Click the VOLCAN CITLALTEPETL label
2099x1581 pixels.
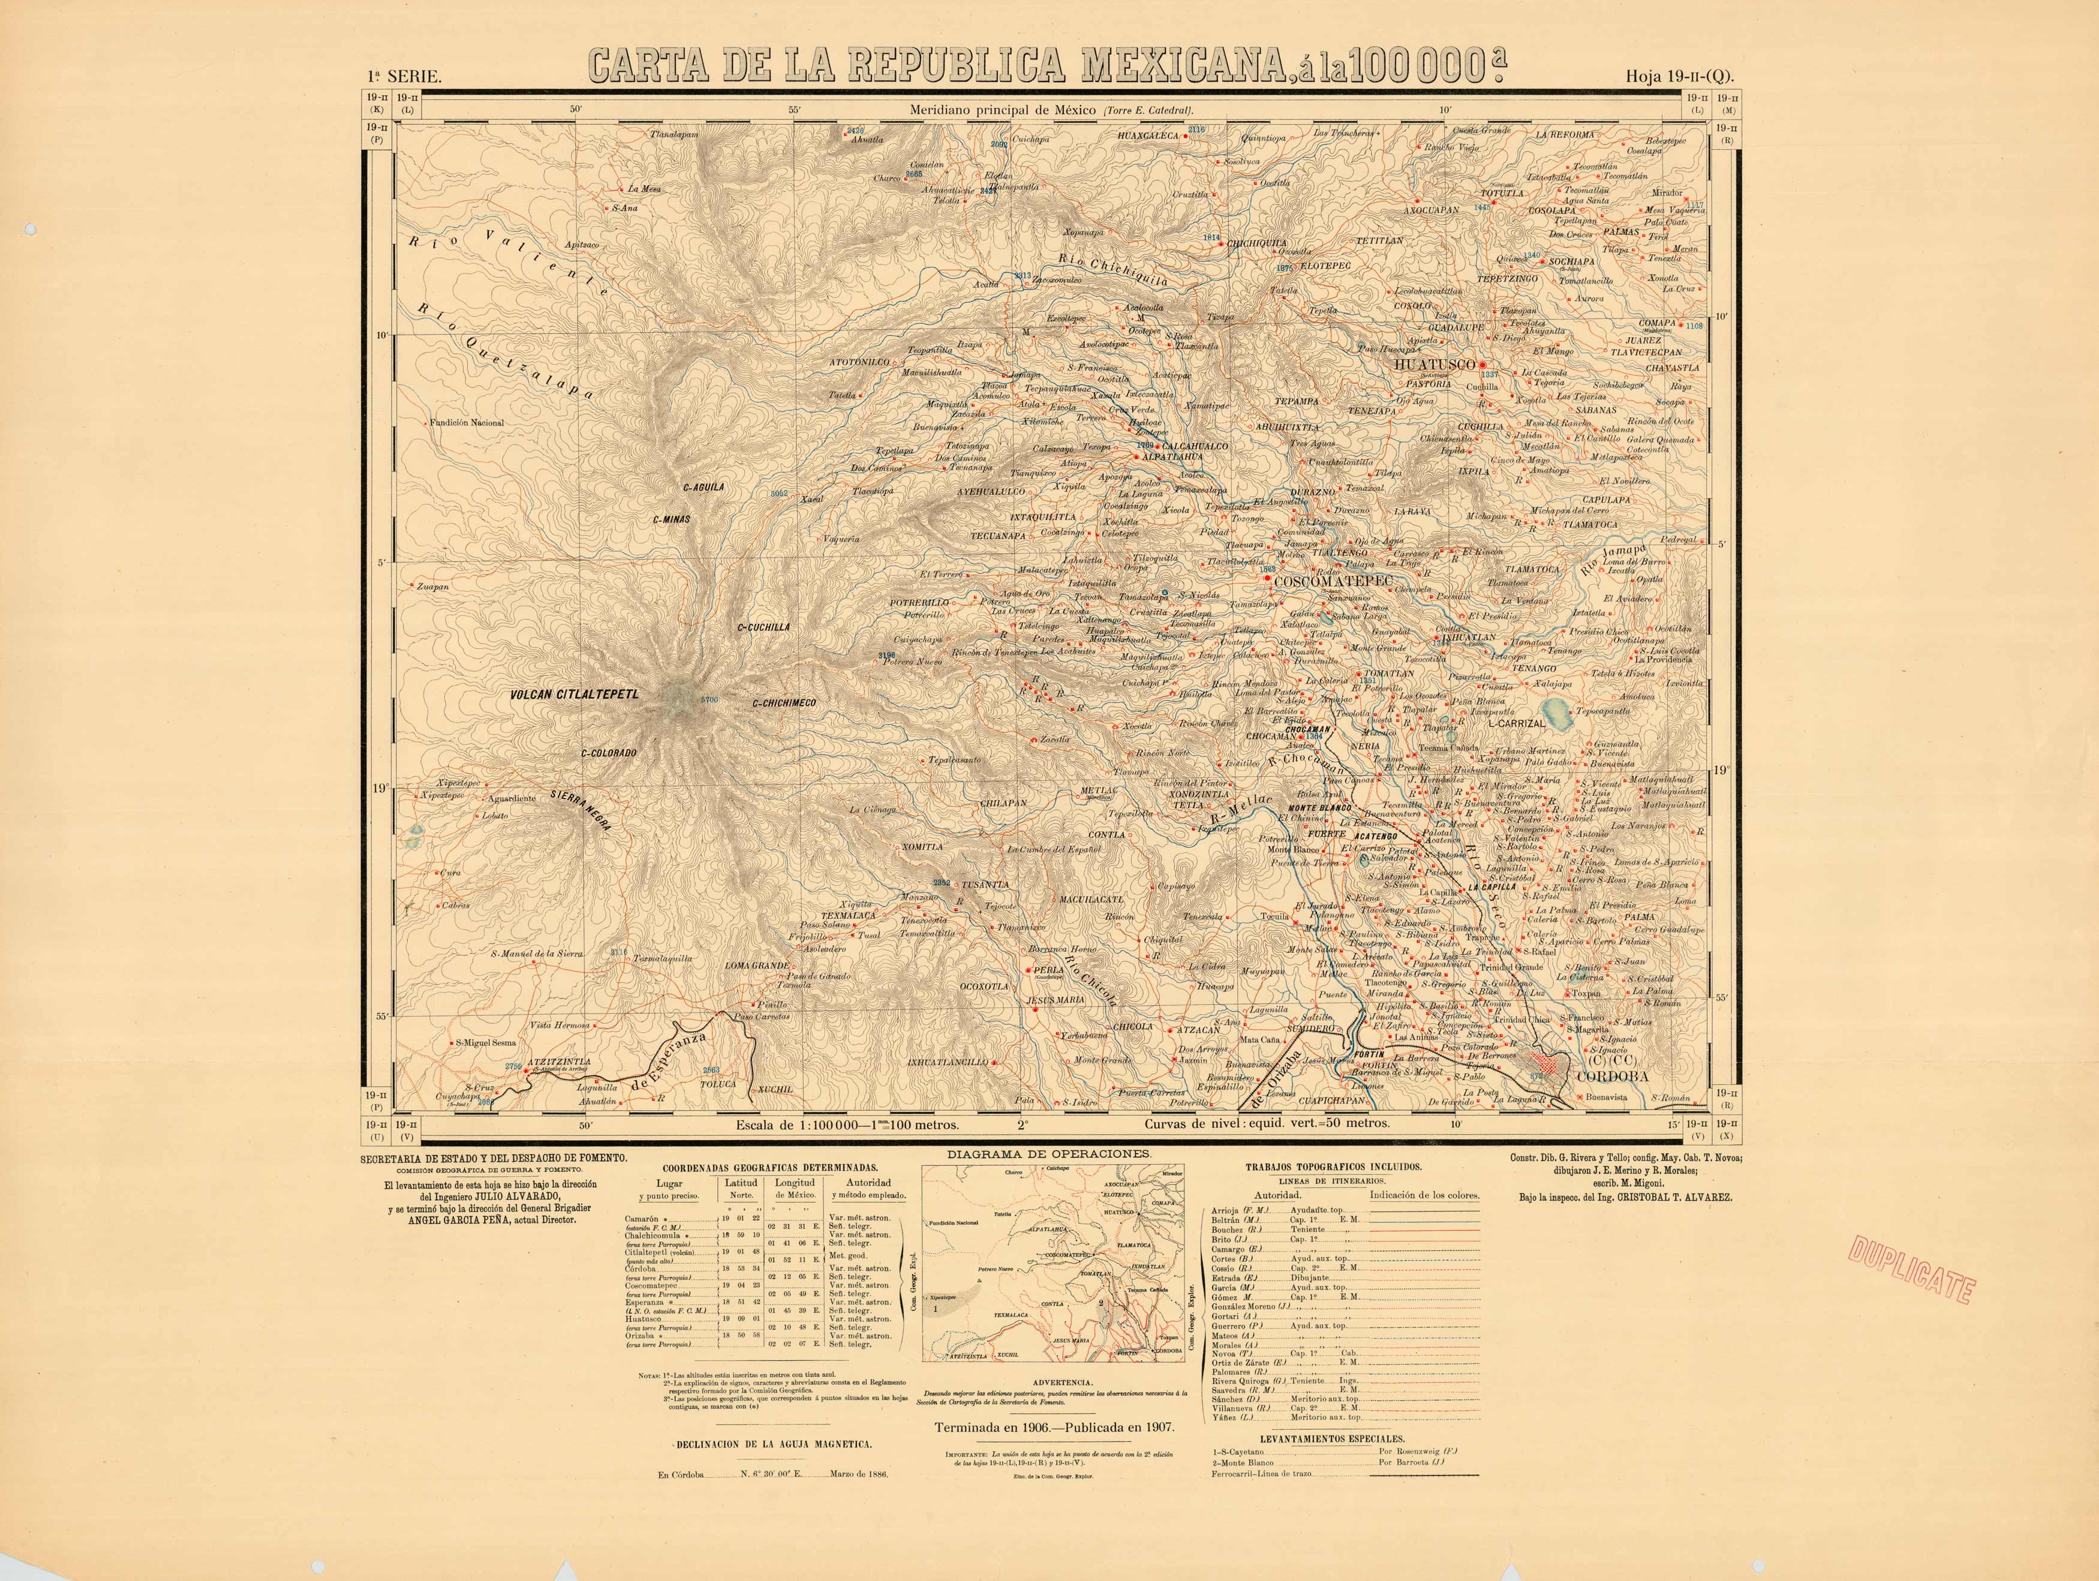(x=574, y=695)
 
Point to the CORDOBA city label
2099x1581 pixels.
(x=1612, y=1077)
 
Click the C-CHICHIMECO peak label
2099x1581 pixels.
(x=784, y=703)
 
